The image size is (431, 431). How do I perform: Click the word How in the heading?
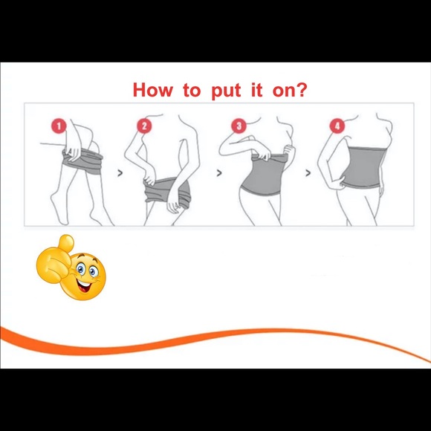pyautogui.click(x=153, y=90)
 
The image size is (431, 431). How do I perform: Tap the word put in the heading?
pyautogui.click(x=226, y=91)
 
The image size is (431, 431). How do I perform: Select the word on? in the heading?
pyautogui.click(x=289, y=90)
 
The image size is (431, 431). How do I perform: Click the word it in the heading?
pyautogui.click(x=256, y=90)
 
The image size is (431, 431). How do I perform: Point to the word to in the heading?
pyautogui.click(x=192, y=90)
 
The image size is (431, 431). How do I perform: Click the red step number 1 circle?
pyautogui.click(x=59, y=126)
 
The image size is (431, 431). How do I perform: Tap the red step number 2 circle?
pyautogui.click(x=144, y=126)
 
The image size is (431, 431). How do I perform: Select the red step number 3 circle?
pyautogui.click(x=239, y=126)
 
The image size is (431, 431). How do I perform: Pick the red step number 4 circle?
pyautogui.click(x=337, y=126)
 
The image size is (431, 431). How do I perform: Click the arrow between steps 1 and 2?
pyautogui.click(x=120, y=173)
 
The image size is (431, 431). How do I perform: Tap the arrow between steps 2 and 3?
pyautogui.click(x=219, y=173)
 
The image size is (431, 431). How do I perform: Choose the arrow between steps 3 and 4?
pyautogui.click(x=308, y=173)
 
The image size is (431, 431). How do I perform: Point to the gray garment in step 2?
pyautogui.click(x=165, y=192)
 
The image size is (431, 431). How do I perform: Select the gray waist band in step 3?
pyautogui.click(x=264, y=176)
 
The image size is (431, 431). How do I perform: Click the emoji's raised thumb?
pyautogui.click(x=65, y=244)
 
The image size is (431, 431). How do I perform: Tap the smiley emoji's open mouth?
pyautogui.click(x=84, y=287)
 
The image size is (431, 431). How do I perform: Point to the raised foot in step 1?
pyautogui.click(x=59, y=209)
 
